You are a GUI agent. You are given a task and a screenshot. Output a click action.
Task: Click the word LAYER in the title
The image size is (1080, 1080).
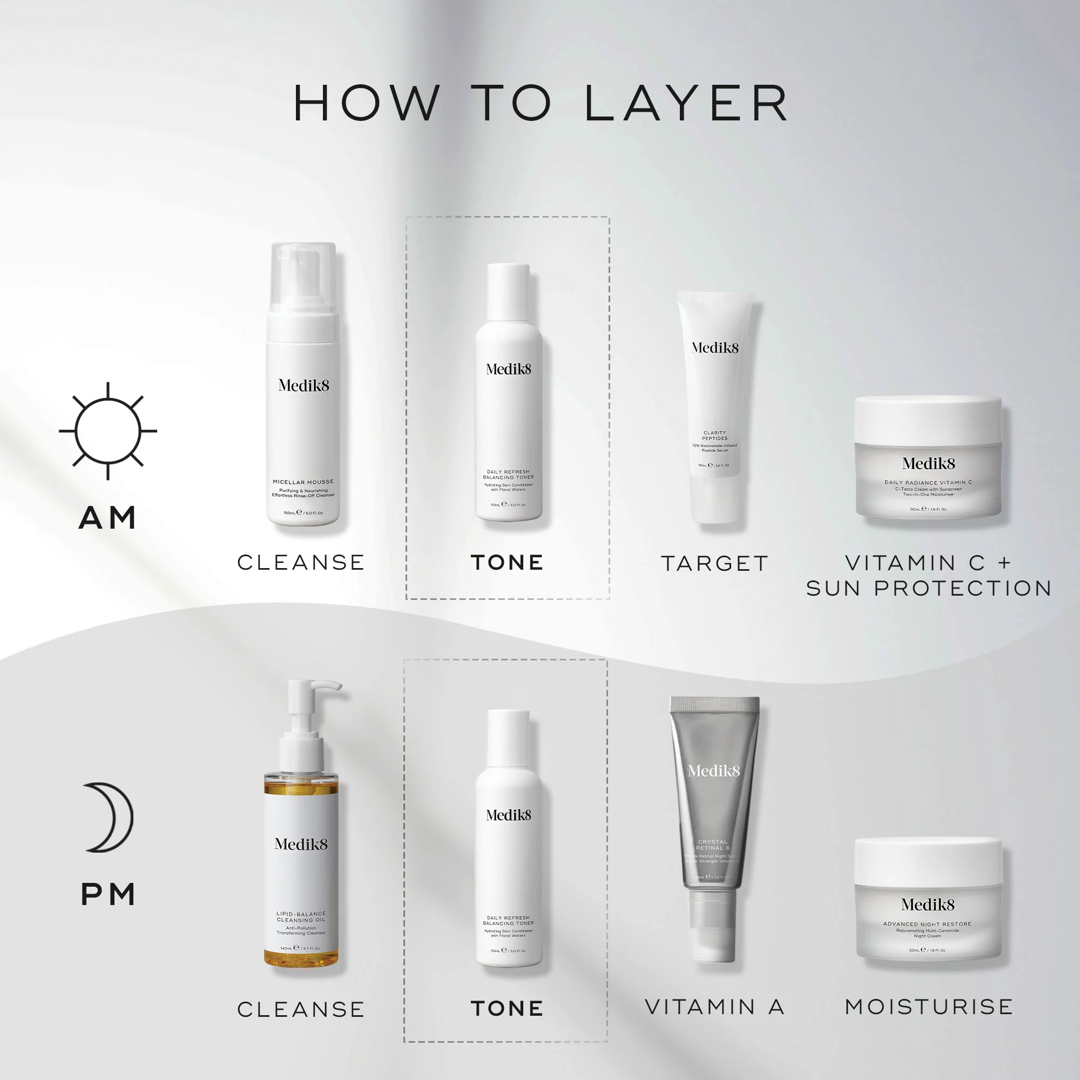coord(686,104)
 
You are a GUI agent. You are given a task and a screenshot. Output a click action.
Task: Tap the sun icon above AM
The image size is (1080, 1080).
coord(108,431)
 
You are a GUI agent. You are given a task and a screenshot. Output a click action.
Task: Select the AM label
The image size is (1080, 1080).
coord(108,518)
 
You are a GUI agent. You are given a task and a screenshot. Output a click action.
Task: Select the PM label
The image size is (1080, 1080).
coord(108,894)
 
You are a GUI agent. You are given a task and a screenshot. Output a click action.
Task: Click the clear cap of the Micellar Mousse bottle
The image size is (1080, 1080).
coord(302,276)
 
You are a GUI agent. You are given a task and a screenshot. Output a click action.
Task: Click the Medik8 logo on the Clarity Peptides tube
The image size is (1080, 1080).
coord(715,348)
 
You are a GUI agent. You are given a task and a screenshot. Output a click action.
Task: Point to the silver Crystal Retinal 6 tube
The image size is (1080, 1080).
coord(714,794)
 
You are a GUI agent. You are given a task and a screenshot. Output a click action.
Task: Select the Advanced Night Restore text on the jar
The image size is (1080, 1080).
coord(927,924)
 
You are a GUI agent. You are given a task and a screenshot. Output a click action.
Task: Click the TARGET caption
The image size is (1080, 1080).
coord(715,563)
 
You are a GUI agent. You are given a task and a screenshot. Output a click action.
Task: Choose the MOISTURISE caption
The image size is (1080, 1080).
coord(928,1007)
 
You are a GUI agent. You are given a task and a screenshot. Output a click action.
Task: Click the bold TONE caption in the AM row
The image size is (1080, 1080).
coord(507,562)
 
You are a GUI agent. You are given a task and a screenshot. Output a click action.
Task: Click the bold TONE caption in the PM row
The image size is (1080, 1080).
coord(507,1008)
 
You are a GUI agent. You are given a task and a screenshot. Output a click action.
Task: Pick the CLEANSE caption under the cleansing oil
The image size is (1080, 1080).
coord(301,1009)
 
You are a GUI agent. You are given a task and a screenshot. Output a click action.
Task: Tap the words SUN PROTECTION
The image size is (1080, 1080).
coord(928,588)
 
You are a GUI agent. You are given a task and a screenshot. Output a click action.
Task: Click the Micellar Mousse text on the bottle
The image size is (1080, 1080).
coord(303,482)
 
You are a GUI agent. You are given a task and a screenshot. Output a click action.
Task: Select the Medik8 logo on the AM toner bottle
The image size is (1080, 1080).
coord(508,369)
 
